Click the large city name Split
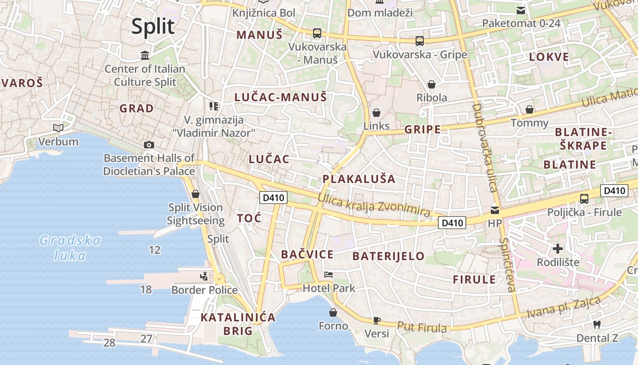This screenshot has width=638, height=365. point(153,26)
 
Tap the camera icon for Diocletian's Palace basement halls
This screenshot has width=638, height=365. point(149,145)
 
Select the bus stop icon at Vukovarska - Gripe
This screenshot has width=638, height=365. point(420,41)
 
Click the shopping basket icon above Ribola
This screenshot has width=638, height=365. point(431,84)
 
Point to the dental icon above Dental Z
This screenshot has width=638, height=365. point(597,324)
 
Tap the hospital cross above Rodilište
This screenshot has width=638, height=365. point(557,249)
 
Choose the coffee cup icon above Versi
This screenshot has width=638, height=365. point(377,320)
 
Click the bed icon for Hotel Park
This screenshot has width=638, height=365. point(328,275)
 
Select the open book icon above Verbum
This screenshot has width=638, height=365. point(58,128)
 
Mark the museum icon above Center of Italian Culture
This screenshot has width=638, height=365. point(145,56)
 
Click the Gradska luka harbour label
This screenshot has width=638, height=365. point(70,248)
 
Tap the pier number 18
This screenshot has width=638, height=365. point(146,289)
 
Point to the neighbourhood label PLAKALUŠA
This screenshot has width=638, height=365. point(359,178)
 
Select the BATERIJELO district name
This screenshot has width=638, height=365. point(389,256)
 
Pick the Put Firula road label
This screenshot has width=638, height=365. point(422,327)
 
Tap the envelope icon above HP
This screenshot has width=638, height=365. point(494,210)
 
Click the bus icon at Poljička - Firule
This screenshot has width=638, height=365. point(584,199)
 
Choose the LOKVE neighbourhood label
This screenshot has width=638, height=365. point(549,57)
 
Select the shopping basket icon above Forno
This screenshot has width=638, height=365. point(333,313)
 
